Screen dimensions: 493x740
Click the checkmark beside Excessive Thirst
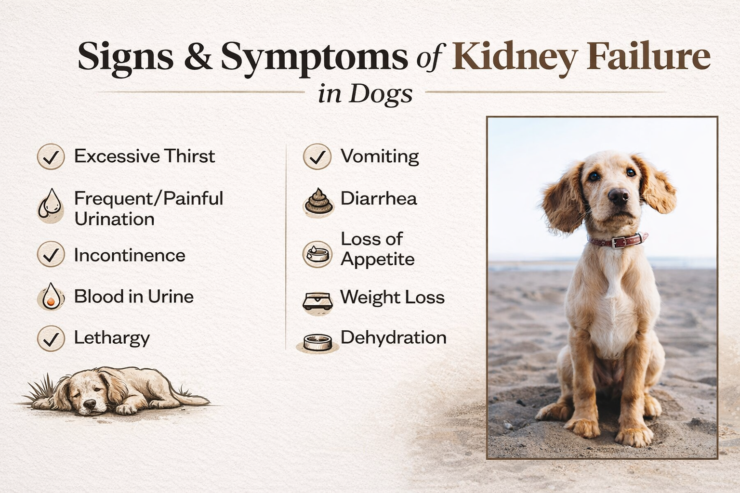pos(51,156)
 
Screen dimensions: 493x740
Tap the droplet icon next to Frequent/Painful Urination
pos(51,206)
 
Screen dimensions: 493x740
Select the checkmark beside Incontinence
pos(51,255)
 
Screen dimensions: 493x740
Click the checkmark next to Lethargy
pos(51,338)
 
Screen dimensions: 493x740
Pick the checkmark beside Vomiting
pos(317,156)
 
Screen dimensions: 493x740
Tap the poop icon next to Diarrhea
pos(318,201)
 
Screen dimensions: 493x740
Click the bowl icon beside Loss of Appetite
pos(317,254)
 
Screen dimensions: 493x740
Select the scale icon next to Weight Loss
pos(317,301)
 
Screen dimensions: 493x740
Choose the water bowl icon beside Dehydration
pos(317,342)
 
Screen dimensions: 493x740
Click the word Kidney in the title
pos(515,57)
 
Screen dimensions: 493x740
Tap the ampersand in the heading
pos(198,57)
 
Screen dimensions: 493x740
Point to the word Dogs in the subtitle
pos(381,93)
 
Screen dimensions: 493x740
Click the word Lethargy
pos(112,338)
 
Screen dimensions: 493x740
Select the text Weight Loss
pos(392,297)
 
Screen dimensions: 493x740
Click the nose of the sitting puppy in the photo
pos(618,195)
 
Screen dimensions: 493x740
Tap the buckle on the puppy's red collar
pos(620,241)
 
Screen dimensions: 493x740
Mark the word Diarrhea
pos(379,198)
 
